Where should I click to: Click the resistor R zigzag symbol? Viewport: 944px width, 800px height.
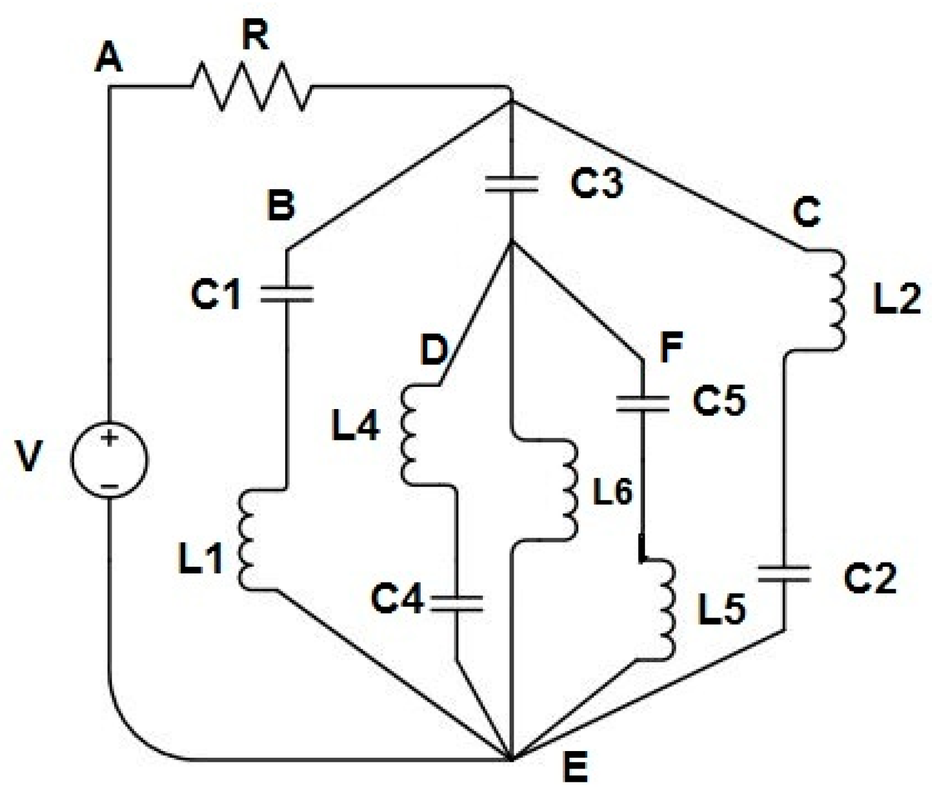pyautogui.click(x=251, y=88)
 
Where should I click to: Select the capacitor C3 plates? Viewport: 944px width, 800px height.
pyautogui.click(x=512, y=184)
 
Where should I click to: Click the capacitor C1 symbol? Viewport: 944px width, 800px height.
pyautogui.click(x=287, y=294)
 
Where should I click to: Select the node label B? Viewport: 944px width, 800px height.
pyautogui.click(x=281, y=205)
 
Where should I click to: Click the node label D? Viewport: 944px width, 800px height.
pyautogui.click(x=433, y=350)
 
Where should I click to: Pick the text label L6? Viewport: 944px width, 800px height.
pyautogui.click(x=612, y=492)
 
